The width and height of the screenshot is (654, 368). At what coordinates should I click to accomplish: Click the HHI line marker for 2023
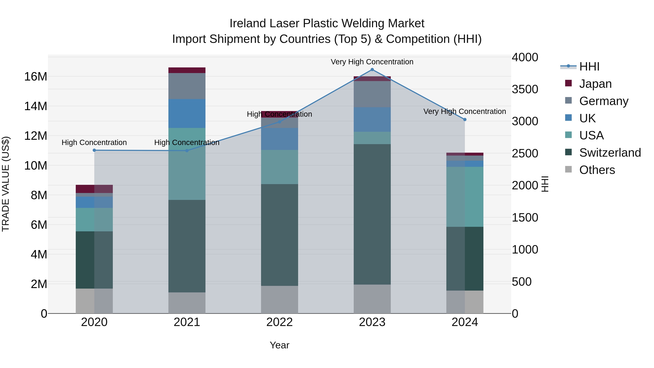pyautogui.click(x=372, y=70)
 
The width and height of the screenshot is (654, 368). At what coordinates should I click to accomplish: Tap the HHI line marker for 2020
pyautogui.click(x=94, y=150)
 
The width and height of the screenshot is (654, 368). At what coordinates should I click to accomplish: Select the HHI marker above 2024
pyautogui.click(x=465, y=120)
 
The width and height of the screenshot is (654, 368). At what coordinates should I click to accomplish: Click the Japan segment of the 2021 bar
pyautogui.click(x=187, y=70)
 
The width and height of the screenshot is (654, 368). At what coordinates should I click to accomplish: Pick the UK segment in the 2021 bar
pyautogui.click(x=187, y=114)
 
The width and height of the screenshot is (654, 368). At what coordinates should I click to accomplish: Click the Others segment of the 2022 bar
pyautogui.click(x=280, y=300)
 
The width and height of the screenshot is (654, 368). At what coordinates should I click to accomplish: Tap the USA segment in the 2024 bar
pyautogui.click(x=465, y=197)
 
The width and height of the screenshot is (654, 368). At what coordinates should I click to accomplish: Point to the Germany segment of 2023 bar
pyautogui.click(x=372, y=94)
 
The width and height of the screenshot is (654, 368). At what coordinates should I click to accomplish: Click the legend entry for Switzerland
pyautogui.click(x=610, y=153)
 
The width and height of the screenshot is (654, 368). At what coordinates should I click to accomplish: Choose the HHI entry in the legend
pyautogui.click(x=589, y=67)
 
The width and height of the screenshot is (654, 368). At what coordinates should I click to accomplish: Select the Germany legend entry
pyautogui.click(x=603, y=101)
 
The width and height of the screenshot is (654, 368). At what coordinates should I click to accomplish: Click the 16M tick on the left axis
pyautogui.click(x=36, y=77)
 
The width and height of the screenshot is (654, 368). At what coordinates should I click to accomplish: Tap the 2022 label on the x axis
pyautogui.click(x=280, y=322)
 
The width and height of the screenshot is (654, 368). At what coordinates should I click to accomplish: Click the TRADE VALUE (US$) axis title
pyautogui.click(x=6, y=184)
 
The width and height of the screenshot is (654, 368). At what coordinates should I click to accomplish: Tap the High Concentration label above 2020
pyautogui.click(x=94, y=143)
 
